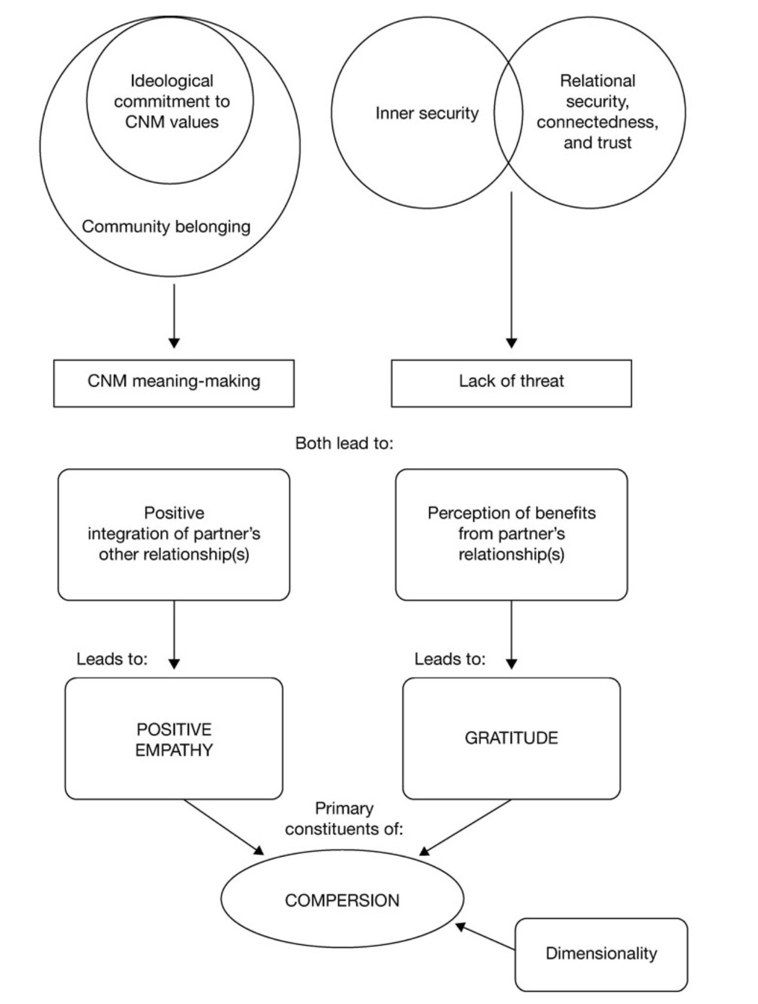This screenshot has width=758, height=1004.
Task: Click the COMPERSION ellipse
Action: click(342, 899)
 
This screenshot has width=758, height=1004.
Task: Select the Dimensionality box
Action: click(601, 954)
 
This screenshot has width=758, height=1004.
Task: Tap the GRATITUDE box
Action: click(511, 738)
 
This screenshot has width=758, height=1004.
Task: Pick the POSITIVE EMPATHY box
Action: click(174, 739)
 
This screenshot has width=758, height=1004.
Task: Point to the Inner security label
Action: click(427, 113)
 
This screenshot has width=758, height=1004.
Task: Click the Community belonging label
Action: click(166, 227)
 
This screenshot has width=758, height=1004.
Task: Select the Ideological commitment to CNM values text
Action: click(171, 102)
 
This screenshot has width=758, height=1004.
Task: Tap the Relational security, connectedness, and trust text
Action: click(597, 112)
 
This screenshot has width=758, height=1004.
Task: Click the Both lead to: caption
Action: click(344, 443)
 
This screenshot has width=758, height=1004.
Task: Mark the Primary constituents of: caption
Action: click(344, 819)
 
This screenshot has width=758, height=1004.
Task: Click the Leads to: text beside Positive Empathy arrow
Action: click(112, 659)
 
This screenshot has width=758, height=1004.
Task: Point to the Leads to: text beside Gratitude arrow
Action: click(450, 659)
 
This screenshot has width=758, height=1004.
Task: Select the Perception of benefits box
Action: click(511, 533)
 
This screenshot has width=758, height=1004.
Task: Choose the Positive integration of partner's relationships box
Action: click(174, 533)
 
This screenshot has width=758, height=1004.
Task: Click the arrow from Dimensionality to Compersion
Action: click(486, 937)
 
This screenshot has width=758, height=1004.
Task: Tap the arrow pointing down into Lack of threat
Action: click(511, 270)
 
